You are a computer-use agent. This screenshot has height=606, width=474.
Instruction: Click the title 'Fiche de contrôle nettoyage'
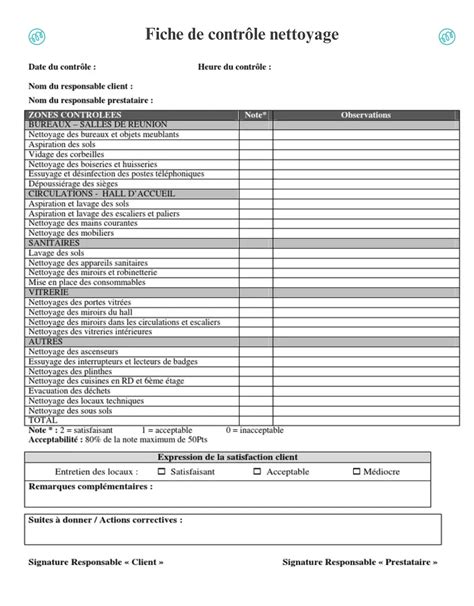(242, 35)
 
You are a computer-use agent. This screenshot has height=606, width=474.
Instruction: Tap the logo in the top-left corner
(34, 37)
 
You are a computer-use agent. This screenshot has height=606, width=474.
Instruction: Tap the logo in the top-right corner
(447, 37)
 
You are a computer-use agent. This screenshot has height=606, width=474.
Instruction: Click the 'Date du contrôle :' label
(62, 68)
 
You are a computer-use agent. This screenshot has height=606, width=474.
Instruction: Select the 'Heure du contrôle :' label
(234, 68)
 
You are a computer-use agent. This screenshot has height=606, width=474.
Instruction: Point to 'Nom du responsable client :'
(80, 86)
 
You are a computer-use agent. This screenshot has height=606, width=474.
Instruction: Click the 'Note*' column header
(255, 115)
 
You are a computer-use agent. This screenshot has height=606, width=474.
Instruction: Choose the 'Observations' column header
(366, 115)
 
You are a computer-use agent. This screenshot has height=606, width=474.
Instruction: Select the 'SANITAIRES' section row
(54, 243)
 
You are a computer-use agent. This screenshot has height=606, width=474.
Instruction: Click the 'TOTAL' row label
(43, 420)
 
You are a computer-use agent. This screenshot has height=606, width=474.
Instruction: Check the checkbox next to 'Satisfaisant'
(160, 471)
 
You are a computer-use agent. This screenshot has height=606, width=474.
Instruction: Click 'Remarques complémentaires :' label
(91, 486)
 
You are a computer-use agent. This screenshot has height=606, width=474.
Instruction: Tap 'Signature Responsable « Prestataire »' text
(361, 562)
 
